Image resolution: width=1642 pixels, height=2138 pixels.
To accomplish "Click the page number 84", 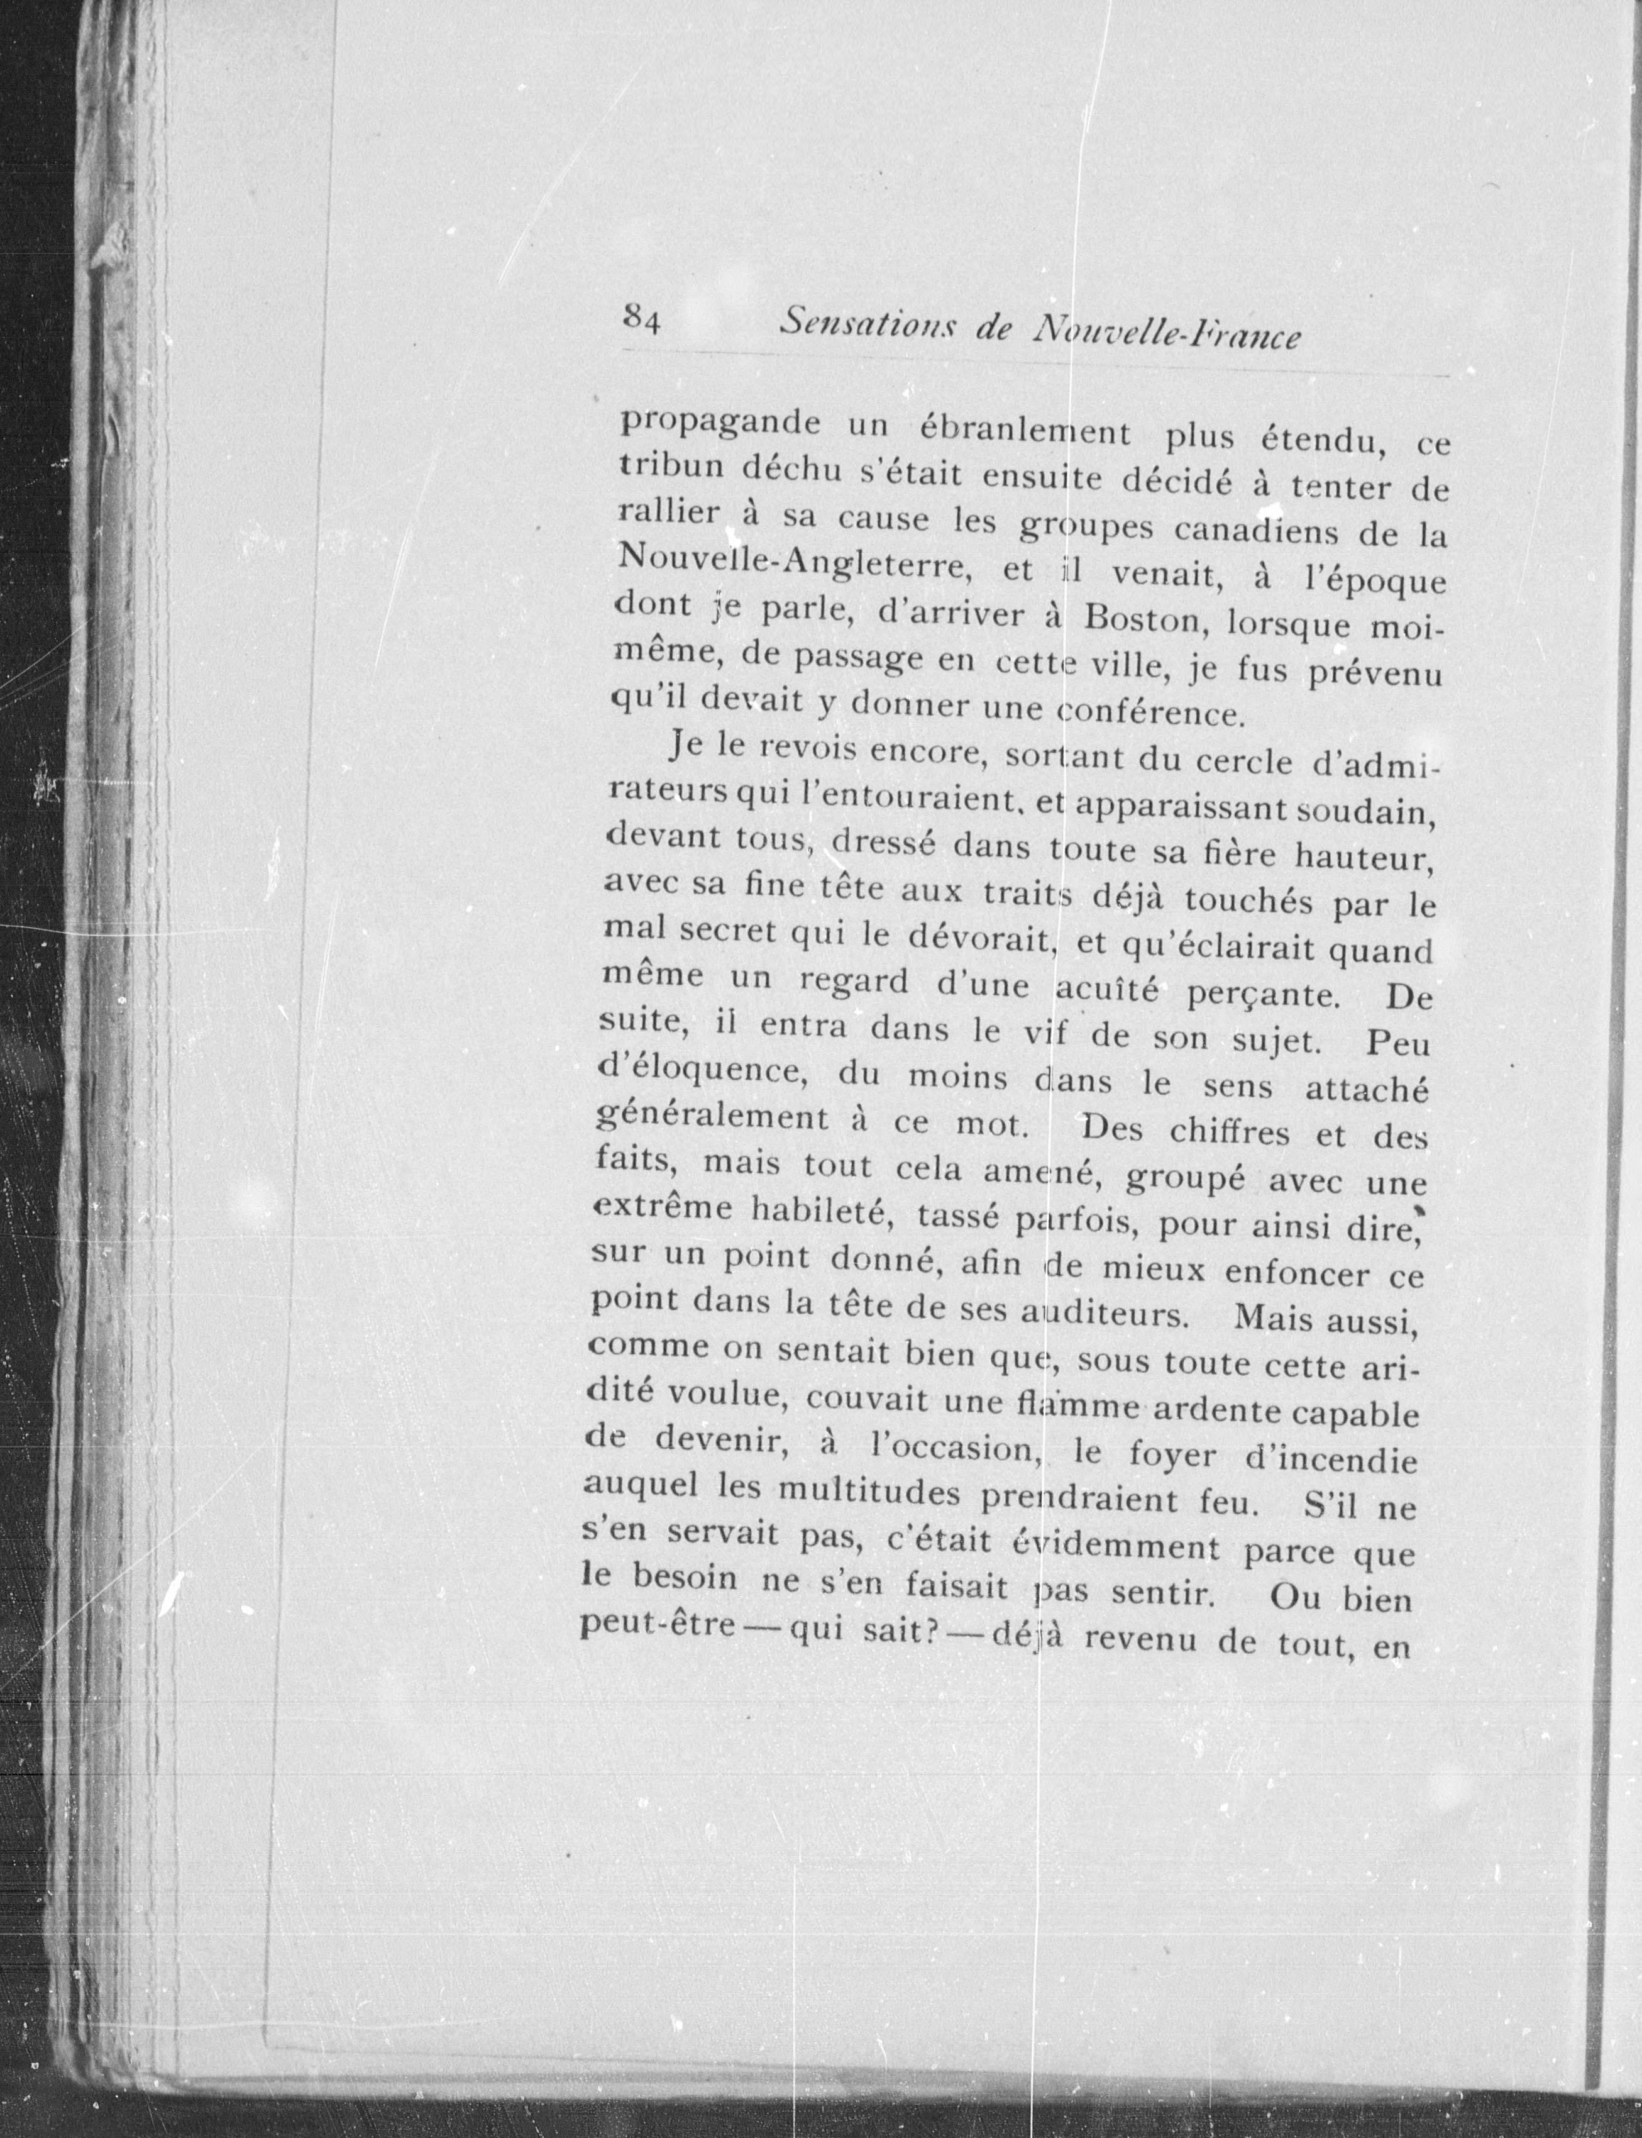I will (x=642, y=318).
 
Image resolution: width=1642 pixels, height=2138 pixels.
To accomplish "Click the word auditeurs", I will (x=1110, y=1313).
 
